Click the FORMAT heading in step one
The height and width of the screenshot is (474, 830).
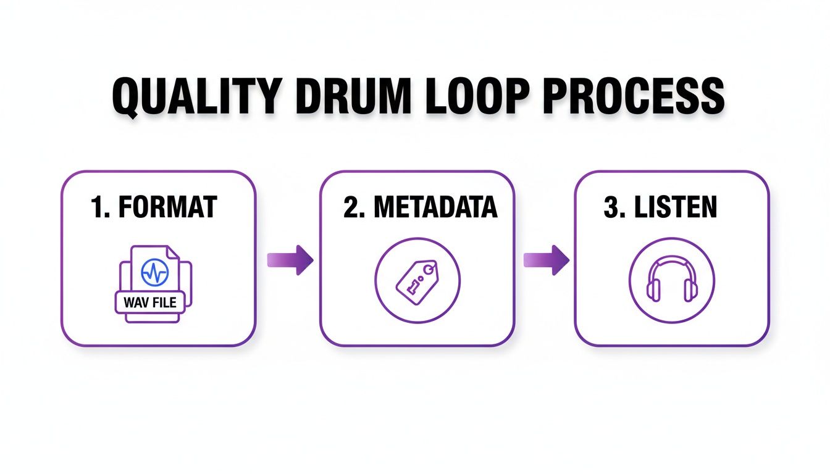[166, 207]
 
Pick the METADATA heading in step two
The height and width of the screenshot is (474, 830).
[435, 207]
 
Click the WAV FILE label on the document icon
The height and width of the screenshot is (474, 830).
[149, 302]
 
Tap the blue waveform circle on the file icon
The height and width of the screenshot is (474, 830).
[154, 272]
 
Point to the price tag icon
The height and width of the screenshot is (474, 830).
[417, 279]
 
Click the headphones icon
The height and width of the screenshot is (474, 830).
[671, 280]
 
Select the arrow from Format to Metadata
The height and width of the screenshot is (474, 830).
[290, 259]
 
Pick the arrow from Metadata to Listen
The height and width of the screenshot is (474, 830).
[546, 259]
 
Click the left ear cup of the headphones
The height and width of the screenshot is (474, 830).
[653, 288]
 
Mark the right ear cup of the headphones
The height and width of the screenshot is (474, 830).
[690, 288]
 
